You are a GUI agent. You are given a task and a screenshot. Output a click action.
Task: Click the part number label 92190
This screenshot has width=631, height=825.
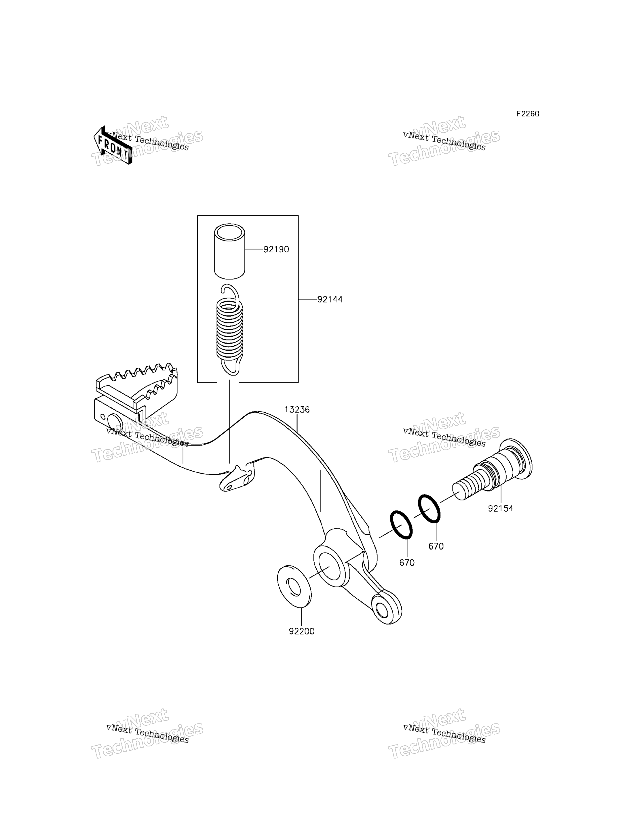[276, 249]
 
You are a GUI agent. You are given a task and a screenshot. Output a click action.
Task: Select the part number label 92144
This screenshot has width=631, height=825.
[330, 299]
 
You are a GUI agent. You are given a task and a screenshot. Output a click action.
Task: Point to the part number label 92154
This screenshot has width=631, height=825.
[501, 508]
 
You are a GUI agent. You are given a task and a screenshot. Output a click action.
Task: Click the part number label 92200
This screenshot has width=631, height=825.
[302, 632]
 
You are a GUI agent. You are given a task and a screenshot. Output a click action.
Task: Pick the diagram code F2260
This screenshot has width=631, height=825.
[528, 114]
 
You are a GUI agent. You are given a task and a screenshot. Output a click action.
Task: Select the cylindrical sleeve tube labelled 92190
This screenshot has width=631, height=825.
[229, 251]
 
